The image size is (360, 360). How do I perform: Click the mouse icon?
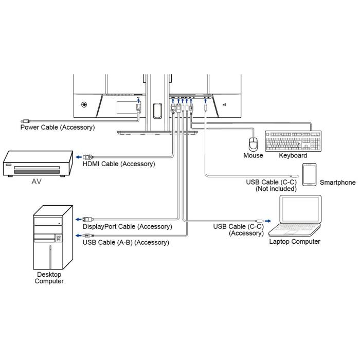click(x=252, y=143)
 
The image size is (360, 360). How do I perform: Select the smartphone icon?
click(x=309, y=175)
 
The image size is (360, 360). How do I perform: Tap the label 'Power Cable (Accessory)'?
click(x=58, y=127)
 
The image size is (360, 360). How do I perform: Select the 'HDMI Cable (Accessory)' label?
click(x=119, y=164)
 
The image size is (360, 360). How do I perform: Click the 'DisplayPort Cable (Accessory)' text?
click(x=128, y=226)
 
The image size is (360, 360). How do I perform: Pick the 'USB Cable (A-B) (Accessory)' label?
click(x=125, y=242)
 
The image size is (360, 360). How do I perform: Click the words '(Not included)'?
click(x=276, y=189)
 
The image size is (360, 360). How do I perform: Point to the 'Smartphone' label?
click(x=337, y=182)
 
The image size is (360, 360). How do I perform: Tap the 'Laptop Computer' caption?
click(x=295, y=241)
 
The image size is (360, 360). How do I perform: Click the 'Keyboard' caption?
click(x=293, y=155)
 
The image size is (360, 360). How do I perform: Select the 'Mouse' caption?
click(x=253, y=155)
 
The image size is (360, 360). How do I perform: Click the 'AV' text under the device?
click(x=36, y=182)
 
